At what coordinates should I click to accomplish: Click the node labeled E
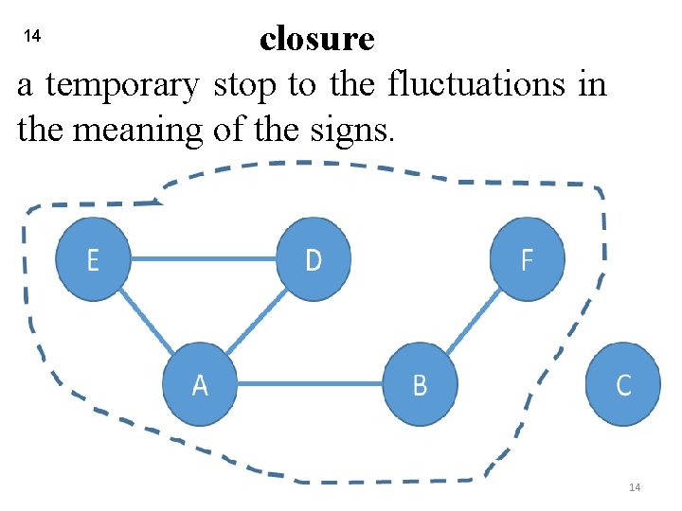93,259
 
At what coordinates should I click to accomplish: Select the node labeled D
314,259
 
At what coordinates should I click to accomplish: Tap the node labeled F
528,259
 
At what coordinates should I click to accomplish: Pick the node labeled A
200,384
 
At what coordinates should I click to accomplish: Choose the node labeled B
420,384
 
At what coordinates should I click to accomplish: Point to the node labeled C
622,384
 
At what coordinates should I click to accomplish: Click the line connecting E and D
203,258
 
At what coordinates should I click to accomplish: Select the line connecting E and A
146,321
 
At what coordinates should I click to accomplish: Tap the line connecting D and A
257,323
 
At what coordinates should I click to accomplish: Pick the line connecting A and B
310,384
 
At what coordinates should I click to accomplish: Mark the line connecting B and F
473,323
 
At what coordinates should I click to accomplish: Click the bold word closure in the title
316,39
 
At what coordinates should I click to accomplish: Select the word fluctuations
478,85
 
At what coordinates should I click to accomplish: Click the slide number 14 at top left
31,36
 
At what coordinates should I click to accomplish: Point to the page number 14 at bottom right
635,486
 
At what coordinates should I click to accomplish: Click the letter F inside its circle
528,259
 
